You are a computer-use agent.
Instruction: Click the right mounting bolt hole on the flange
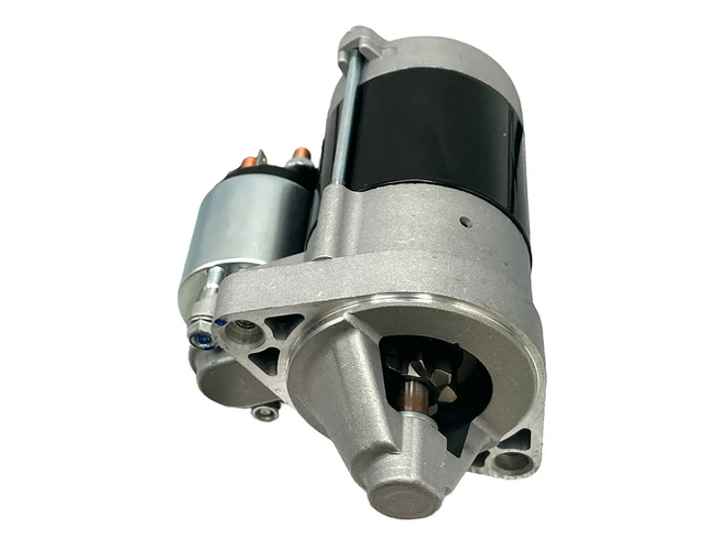click(509, 460)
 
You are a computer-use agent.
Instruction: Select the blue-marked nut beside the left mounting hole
click(201, 338)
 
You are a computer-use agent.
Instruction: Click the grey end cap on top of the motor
click(435, 54)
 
